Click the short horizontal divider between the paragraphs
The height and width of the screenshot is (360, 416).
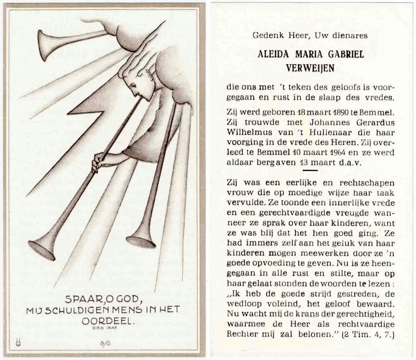click(x=310, y=171)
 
